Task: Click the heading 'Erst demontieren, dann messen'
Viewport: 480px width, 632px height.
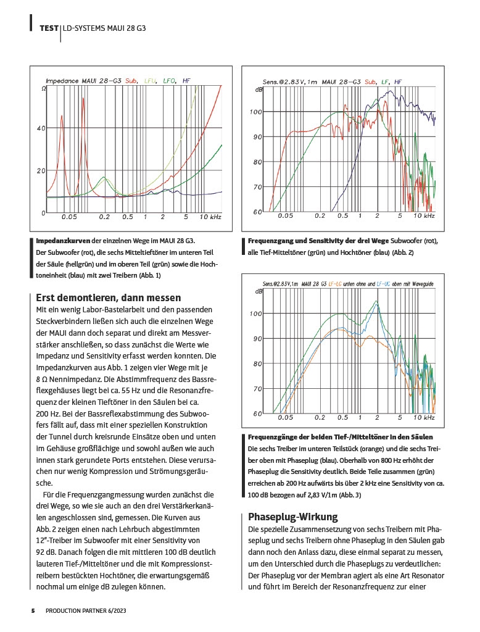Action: click(109, 297)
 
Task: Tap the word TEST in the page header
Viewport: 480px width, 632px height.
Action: click(49, 28)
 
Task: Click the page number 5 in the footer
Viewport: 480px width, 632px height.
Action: click(33, 610)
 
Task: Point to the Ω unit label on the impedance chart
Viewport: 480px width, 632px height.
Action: click(44, 89)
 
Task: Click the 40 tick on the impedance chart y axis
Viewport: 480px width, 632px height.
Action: click(41, 128)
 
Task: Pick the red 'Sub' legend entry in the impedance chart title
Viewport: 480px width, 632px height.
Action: click(131, 81)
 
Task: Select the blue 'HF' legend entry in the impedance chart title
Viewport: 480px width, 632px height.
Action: click(187, 81)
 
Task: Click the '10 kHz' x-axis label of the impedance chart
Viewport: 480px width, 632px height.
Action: click(210, 218)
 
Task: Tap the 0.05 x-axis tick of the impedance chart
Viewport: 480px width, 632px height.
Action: click(69, 218)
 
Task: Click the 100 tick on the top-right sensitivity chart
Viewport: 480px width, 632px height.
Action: click(256, 112)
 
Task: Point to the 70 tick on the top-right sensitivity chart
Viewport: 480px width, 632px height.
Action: click(258, 186)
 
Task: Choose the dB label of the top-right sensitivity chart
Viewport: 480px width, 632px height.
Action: click(259, 90)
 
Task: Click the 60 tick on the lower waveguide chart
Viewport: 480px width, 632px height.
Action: click(258, 413)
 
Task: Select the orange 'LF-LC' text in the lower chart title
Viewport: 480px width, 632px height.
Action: click(336, 283)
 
